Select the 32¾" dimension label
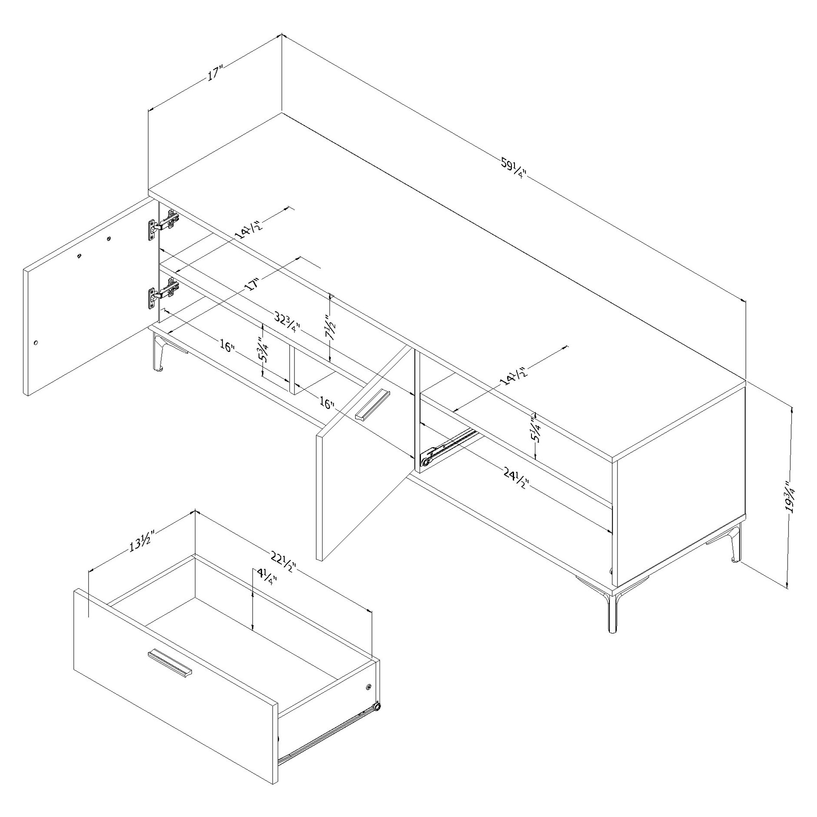(287, 323)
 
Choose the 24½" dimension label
(516, 478)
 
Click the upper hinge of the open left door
(163, 223)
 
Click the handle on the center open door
(372, 404)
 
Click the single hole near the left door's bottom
(35, 343)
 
